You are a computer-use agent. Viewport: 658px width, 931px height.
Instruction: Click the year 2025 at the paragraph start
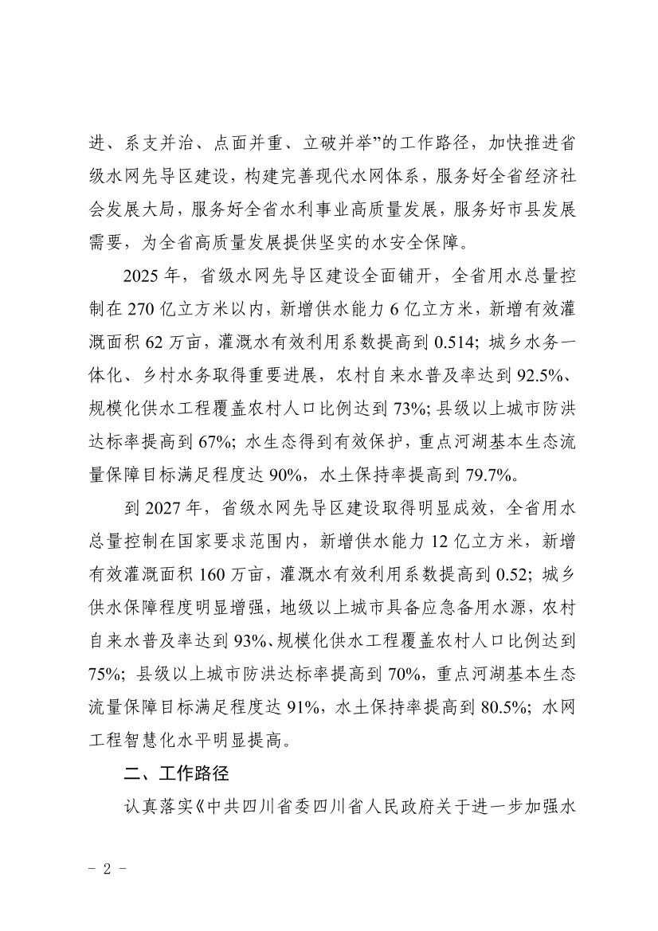pyautogui.click(x=139, y=276)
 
